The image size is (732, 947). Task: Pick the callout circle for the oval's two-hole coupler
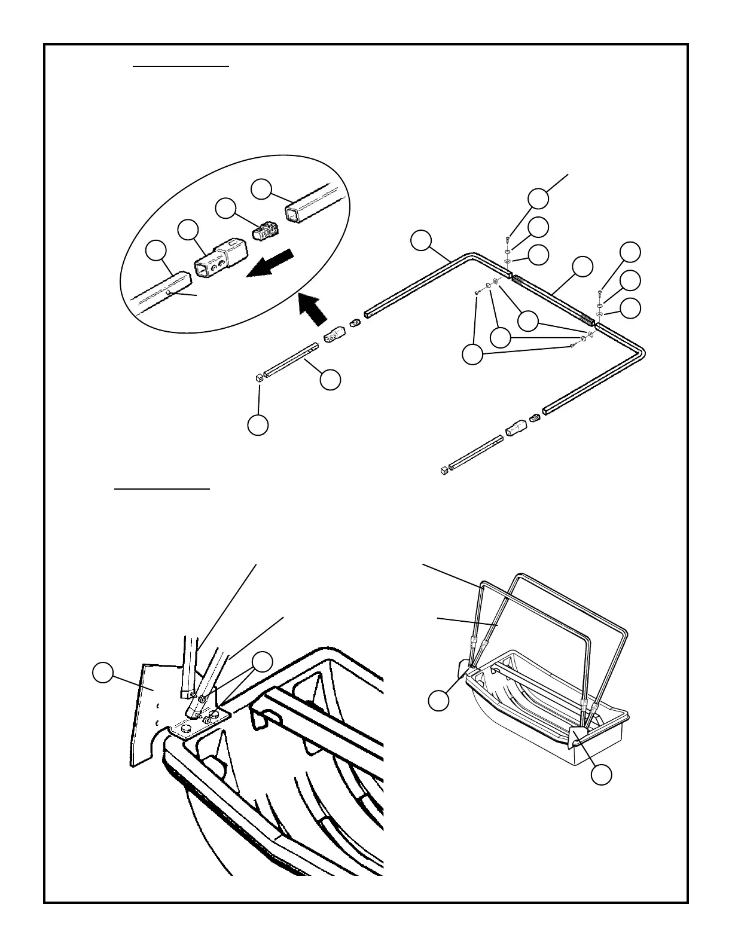[188, 230]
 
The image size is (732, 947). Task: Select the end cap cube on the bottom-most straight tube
[444, 471]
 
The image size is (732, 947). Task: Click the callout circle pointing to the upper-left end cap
[258, 425]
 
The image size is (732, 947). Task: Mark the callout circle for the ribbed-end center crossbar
[582, 266]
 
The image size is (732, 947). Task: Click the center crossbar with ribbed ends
[553, 295]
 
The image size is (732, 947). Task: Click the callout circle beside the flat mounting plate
[103, 672]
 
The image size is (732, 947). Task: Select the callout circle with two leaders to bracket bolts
[262, 662]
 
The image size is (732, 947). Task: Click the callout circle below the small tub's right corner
[602, 775]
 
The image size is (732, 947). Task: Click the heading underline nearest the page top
[181, 67]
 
